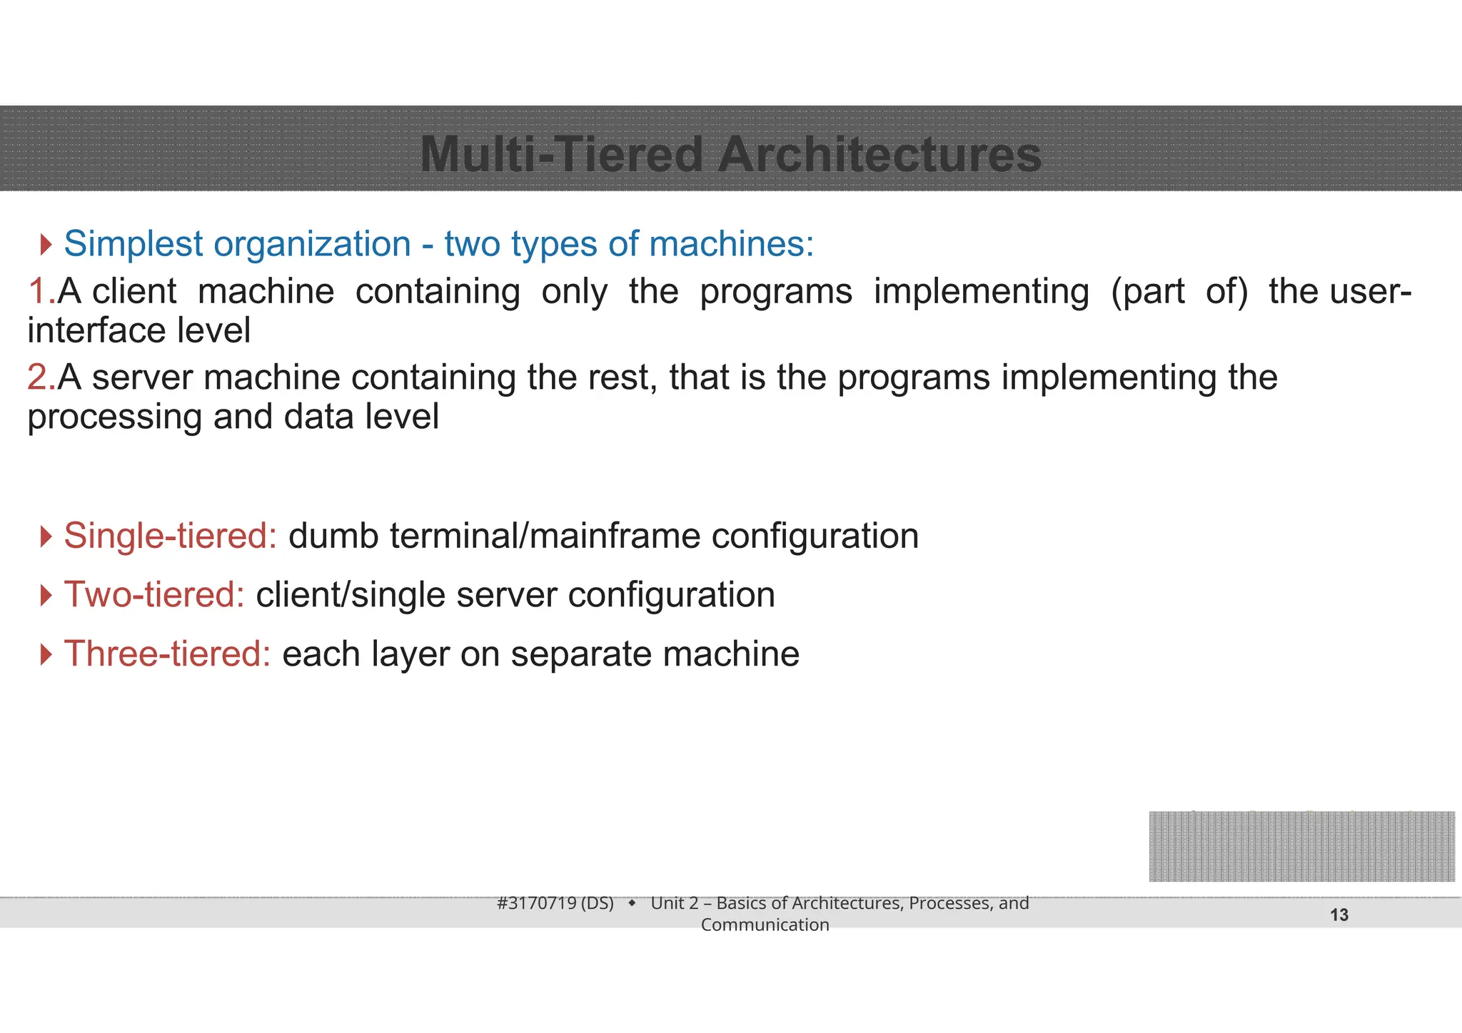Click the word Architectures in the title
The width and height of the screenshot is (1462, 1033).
(879, 155)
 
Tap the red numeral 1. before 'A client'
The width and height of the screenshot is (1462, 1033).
(41, 291)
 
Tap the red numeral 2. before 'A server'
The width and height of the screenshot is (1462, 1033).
(41, 377)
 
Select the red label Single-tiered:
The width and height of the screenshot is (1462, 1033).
(171, 536)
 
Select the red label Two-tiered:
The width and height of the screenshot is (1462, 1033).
(155, 595)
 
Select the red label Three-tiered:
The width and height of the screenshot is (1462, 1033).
(168, 654)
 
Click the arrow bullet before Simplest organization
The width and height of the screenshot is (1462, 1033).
(46, 245)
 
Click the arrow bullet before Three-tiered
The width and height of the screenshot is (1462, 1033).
(46, 654)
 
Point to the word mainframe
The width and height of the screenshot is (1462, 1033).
(615, 536)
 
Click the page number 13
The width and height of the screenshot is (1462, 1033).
(1339, 915)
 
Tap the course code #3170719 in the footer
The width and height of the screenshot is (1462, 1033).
(537, 903)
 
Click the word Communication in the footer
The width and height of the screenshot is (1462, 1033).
(765, 925)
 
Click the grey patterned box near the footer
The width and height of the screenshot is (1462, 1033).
(1301, 846)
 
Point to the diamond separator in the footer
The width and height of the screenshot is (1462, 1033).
(632, 904)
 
